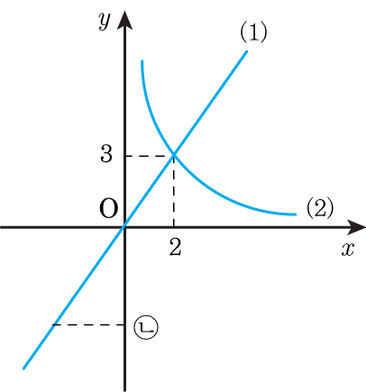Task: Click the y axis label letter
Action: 105,22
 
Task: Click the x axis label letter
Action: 348,249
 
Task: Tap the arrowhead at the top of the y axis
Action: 124,19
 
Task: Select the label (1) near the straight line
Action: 253,32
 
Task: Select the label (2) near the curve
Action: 320,208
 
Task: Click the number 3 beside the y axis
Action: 106,155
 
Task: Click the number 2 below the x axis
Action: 175,248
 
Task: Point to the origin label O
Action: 108,208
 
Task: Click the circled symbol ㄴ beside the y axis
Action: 146,327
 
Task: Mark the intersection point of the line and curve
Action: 174,155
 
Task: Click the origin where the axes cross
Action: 124,227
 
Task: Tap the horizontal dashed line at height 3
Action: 150,156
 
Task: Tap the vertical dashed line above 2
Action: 174,191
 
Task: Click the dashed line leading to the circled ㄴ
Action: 88,324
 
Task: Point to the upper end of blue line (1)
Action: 247,51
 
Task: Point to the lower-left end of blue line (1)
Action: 24,368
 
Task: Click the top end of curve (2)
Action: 142,61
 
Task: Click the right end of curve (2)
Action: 296,214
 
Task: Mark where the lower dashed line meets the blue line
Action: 53,324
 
